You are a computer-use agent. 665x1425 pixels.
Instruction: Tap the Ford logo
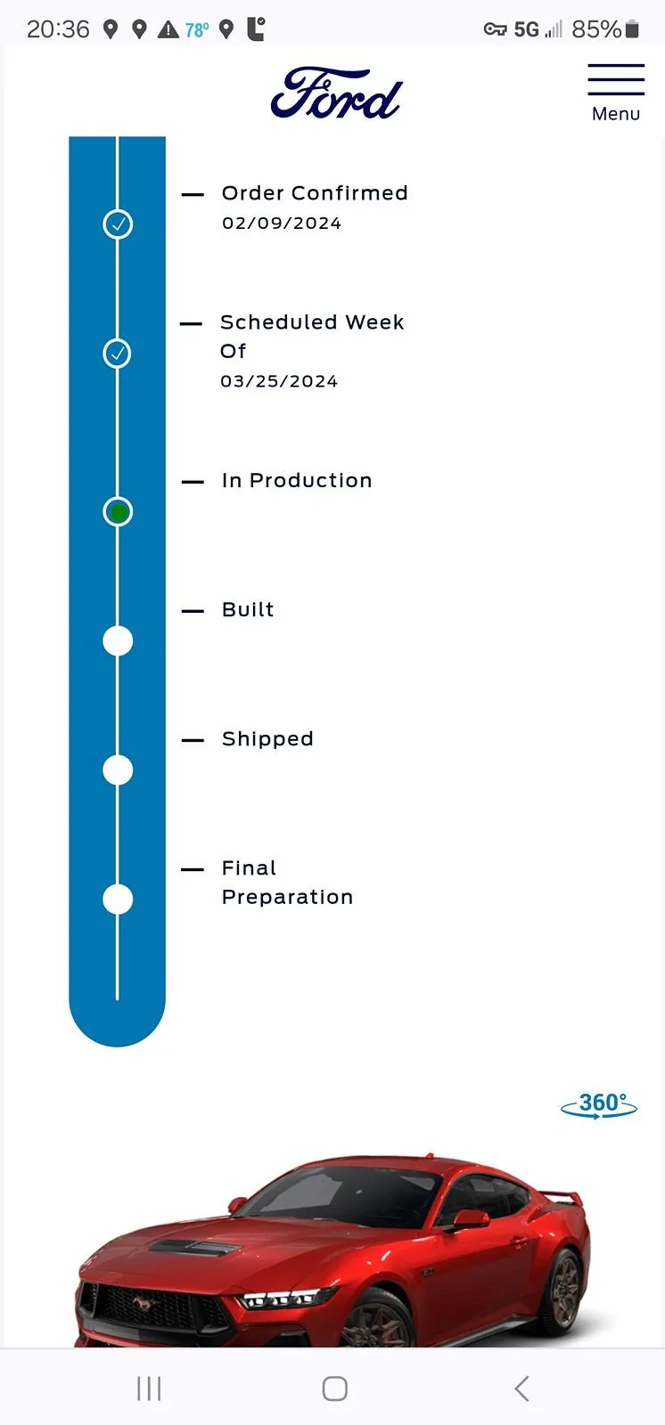(x=336, y=94)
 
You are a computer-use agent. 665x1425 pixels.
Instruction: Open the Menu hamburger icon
(x=616, y=79)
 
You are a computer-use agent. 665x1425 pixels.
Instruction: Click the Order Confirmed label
(x=315, y=192)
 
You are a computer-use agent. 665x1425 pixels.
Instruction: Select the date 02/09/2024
(x=282, y=224)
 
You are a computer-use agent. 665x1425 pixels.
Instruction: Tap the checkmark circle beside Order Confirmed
(x=118, y=224)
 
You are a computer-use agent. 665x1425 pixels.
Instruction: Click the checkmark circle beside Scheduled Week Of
(x=117, y=353)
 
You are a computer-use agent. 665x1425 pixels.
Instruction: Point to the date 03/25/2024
(x=279, y=381)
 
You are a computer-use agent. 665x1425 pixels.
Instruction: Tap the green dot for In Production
(x=118, y=511)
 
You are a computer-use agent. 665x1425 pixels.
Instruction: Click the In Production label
(x=297, y=480)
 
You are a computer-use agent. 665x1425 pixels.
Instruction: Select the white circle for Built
(x=118, y=640)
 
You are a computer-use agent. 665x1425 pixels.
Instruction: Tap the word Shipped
(x=267, y=738)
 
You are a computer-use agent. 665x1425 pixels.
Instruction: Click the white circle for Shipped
(x=118, y=769)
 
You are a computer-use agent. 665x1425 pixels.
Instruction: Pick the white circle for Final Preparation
(x=118, y=899)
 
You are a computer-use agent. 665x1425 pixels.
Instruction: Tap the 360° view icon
(x=599, y=1105)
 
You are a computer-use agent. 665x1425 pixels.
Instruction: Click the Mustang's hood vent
(x=193, y=1248)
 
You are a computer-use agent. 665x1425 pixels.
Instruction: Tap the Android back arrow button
(x=521, y=1388)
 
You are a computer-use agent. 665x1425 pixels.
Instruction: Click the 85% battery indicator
(x=604, y=29)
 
